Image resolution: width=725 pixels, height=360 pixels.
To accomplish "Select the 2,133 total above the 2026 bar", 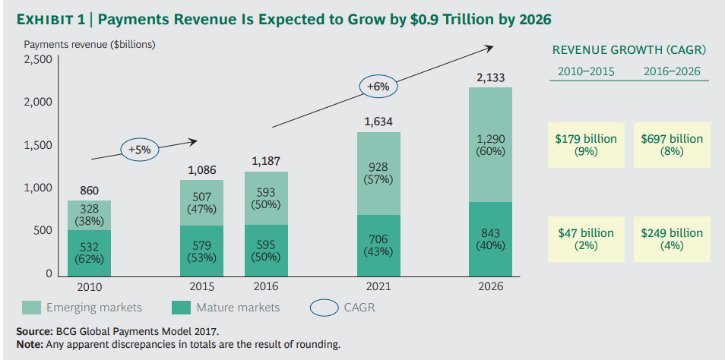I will [490, 77].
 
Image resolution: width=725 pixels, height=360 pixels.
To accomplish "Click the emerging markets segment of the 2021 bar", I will [378, 173].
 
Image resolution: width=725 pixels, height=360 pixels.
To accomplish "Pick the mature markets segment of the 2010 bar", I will [90, 252].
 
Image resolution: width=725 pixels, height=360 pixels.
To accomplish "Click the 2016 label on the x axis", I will [266, 287].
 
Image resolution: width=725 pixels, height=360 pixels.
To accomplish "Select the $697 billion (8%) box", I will [672, 144].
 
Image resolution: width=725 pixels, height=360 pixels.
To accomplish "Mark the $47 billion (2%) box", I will [587, 238].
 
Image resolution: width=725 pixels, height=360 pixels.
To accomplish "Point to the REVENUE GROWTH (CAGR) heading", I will [629, 50].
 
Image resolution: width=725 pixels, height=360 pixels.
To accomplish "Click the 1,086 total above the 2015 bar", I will [202, 171].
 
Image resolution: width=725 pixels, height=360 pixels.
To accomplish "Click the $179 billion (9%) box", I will [587, 144].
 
